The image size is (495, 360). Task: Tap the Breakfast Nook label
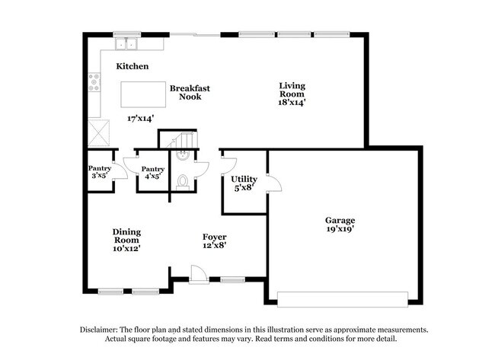point(190,92)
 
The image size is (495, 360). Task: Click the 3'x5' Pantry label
point(100,172)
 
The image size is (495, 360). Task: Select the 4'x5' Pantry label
point(152,174)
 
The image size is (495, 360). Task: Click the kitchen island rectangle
point(142,94)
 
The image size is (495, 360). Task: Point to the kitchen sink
point(124,43)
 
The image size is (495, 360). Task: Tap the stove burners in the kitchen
point(94,81)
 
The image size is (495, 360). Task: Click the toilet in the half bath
point(183,182)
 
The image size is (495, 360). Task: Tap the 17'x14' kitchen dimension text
point(142,119)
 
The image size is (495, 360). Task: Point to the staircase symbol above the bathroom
point(182,141)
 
